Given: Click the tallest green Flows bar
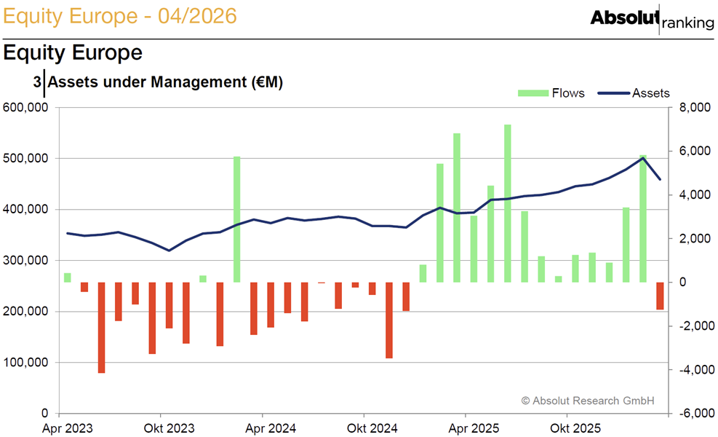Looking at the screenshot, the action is point(507,203).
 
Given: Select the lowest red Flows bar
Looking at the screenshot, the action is point(101,328).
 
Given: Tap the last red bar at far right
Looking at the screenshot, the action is point(660,296).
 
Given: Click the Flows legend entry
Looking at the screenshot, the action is point(551,93).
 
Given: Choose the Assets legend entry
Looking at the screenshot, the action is point(634,93).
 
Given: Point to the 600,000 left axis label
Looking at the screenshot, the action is point(25,107).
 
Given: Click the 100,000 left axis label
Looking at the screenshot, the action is point(25,362).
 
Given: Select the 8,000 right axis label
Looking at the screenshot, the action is point(695,107).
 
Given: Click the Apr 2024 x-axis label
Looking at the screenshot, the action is point(271,428).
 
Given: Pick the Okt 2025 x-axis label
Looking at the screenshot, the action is point(575,428).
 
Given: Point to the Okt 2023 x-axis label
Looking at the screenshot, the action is point(169,428).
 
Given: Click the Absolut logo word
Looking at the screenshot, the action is point(625,18).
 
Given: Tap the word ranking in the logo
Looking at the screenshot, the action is point(688,23).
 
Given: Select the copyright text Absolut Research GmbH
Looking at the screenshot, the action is point(588,401).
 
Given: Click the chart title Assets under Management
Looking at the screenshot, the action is point(165,82).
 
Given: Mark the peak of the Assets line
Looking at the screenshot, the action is point(643,158).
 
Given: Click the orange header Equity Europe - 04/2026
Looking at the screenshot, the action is point(120,16).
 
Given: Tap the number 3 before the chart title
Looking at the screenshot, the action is point(37,82).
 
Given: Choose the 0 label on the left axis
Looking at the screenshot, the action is point(44,414).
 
